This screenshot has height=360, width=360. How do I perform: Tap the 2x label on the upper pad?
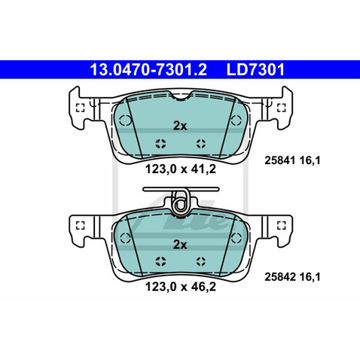179,126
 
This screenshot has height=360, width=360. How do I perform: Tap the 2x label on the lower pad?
179,245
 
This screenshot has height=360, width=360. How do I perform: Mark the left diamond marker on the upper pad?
159,142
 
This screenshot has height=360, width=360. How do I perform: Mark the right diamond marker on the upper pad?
200,142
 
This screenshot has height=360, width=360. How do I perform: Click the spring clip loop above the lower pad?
180,202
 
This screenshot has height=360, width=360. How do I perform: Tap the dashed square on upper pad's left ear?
80,107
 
